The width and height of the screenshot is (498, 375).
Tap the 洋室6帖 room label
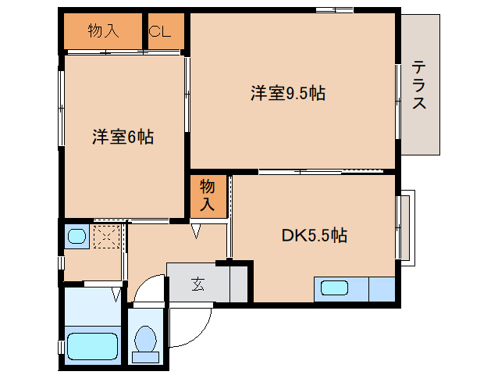point(123,137)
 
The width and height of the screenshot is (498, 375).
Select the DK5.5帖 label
point(315,234)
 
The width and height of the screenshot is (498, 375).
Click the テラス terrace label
point(419,84)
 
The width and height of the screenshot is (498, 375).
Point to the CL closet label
point(160,32)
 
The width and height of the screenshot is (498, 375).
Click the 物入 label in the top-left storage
point(103,32)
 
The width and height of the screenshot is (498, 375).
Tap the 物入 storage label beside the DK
point(208,195)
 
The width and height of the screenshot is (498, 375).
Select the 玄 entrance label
point(198,284)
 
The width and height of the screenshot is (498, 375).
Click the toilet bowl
point(144,340)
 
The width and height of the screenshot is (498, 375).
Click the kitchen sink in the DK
point(334,287)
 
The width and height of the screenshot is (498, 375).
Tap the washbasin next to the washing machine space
point(76,237)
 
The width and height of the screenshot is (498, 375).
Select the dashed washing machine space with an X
point(106,236)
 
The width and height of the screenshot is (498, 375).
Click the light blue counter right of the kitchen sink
point(382,288)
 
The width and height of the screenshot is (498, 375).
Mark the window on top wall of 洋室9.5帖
point(335,10)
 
